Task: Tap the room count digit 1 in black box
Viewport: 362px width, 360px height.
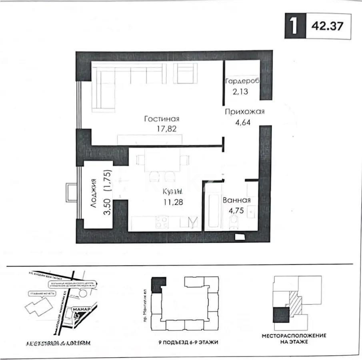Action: (294, 26)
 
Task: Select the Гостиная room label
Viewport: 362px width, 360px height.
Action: (162, 119)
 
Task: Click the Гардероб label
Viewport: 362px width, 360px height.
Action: (242, 81)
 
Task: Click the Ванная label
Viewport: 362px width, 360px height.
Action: (237, 200)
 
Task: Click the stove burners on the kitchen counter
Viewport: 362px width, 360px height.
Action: (162, 222)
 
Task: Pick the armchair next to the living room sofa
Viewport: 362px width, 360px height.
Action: (188, 74)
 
